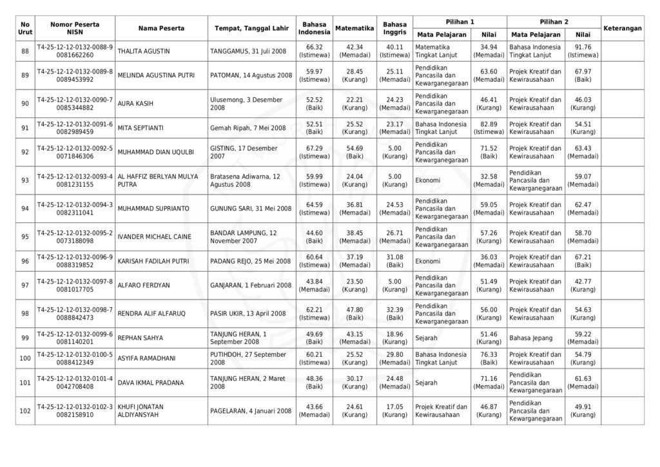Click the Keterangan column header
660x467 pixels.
tap(623, 28)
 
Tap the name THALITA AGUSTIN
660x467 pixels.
tap(140, 52)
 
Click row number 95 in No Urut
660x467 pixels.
tap(25, 236)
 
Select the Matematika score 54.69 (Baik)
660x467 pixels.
tap(354, 153)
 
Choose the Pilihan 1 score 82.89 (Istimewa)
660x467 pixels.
tap(489, 128)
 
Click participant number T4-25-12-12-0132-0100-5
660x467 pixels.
tap(75, 354)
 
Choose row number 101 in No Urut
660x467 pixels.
tap(25, 383)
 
